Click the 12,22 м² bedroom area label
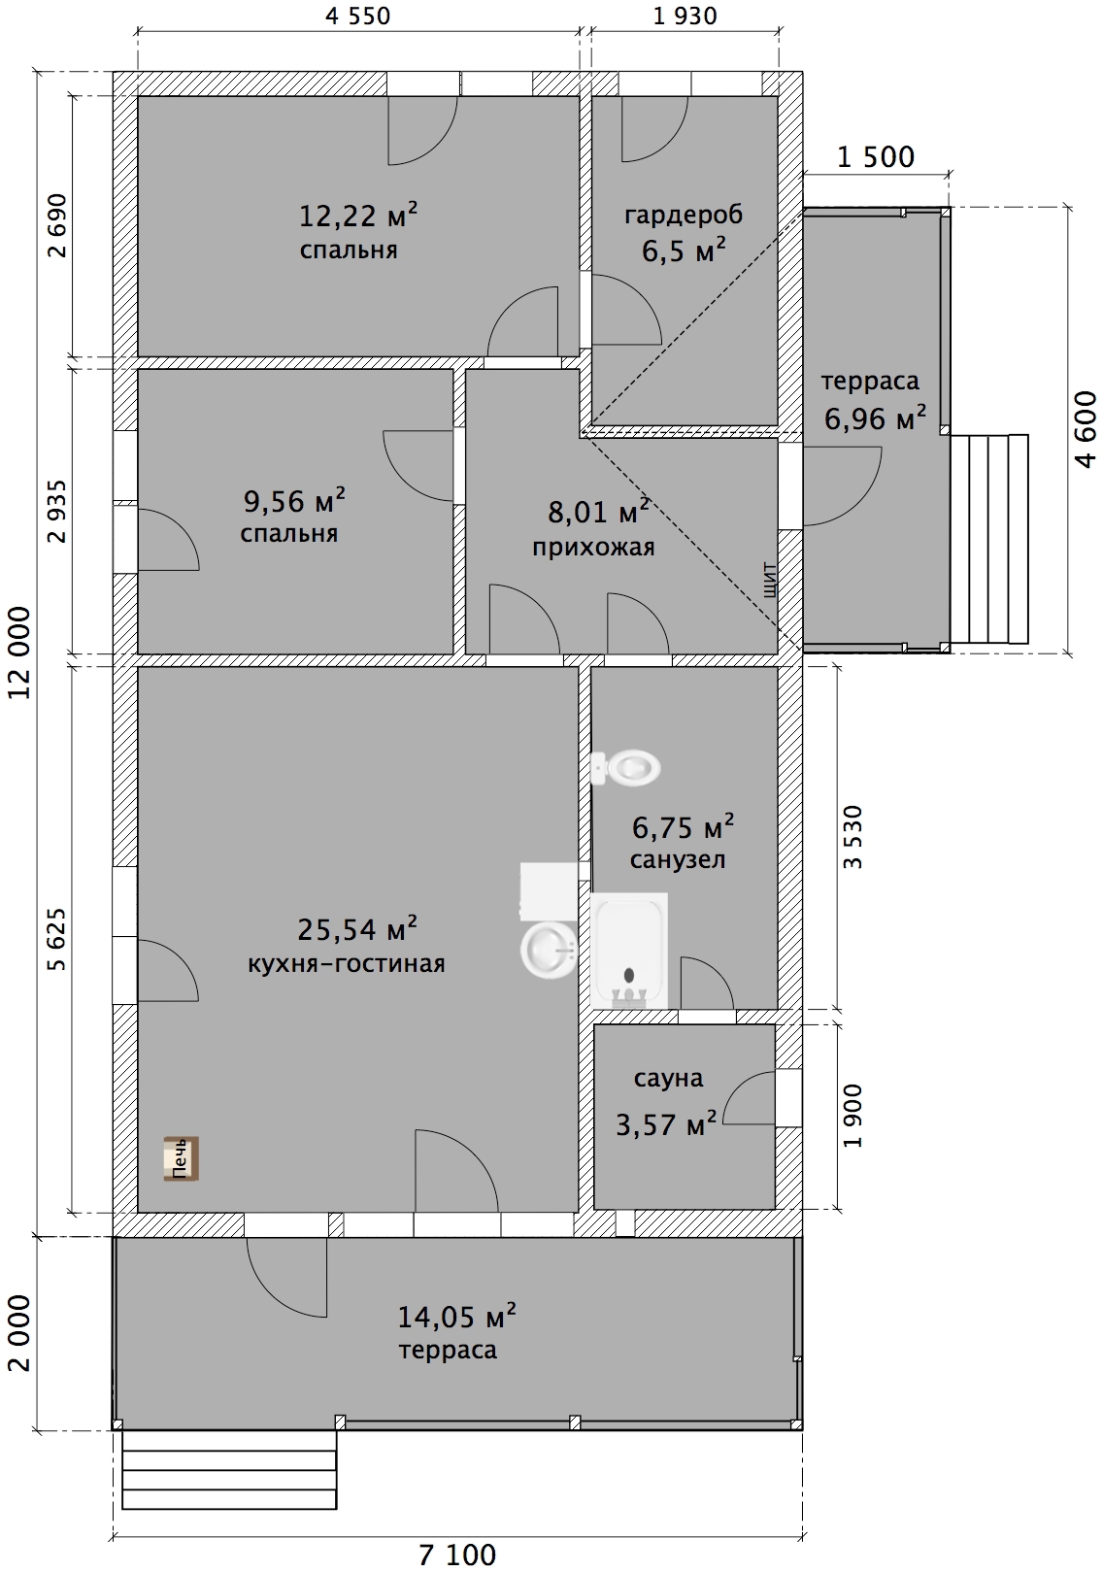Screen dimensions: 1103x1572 point(358,215)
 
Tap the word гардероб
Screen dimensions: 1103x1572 point(684,215)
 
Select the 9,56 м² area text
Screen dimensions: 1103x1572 point(294,500)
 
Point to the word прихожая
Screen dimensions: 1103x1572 point(593,547)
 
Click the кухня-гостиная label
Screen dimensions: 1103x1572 point(347,963)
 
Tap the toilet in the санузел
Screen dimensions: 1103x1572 point(625,768)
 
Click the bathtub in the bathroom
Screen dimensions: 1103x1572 point(628,951)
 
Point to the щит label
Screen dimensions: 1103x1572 point(770,579)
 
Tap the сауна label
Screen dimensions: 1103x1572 point(668,1078)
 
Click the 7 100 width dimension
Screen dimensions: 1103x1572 point(457,1555)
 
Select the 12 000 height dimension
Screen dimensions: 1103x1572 point(20,652)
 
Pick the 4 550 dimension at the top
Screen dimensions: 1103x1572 point(358,17)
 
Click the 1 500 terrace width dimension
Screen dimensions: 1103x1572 point(876,157)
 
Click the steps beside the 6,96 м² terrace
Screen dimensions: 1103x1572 point(989,539)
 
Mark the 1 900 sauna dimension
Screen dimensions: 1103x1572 point(852,1116)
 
